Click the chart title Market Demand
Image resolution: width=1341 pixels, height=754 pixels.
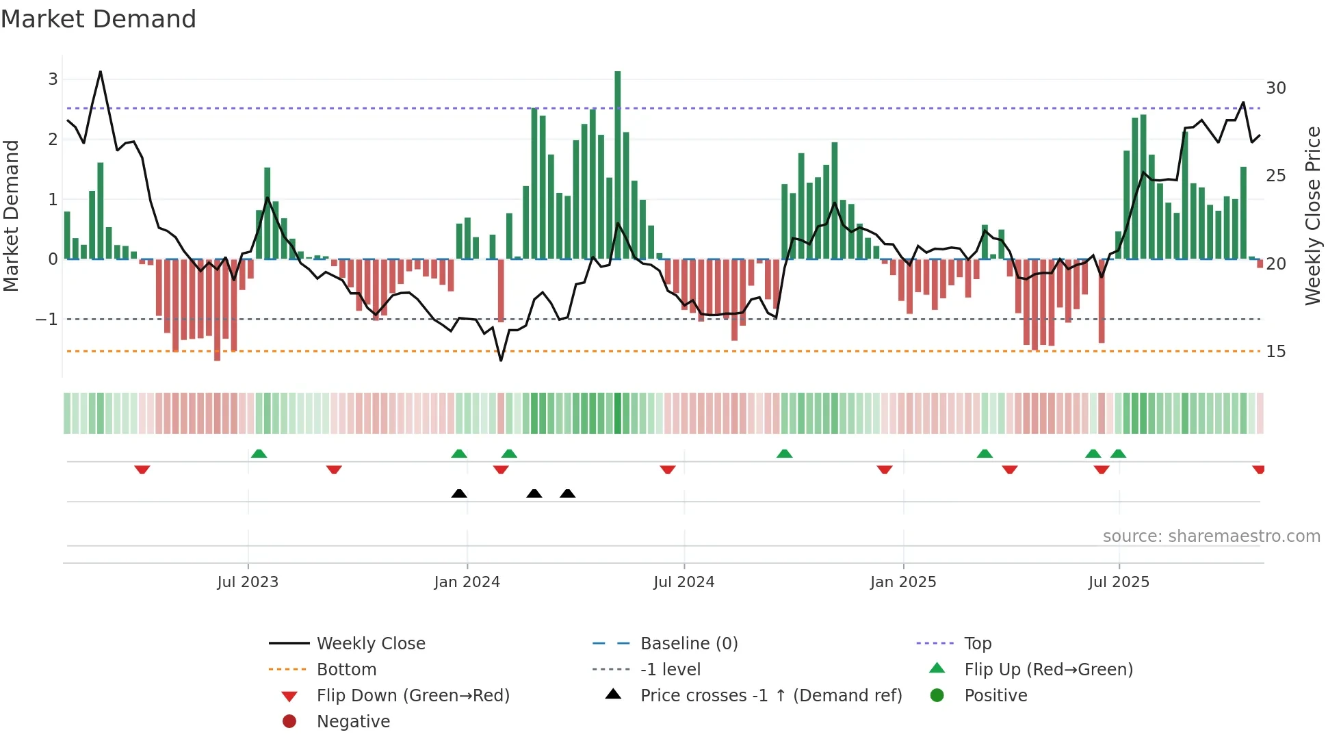tap(99, 19)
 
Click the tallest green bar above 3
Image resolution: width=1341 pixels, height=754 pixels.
tap(617, 164)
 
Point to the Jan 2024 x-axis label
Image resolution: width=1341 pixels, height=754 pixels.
tap(467, 582)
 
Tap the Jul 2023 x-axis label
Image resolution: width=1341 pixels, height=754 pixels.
tap(248, 582)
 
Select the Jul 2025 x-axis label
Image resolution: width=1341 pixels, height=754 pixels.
tap(1119, 582)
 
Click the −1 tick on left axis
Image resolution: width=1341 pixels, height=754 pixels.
tap(47, 320)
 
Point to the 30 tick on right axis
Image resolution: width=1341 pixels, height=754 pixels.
tap(1275, 88)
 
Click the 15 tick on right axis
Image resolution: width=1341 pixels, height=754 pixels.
tap(1275, 352)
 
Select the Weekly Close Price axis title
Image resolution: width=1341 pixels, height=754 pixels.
tap(1312, 216)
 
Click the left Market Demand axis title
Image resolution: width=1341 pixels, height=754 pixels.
tap(11, 216)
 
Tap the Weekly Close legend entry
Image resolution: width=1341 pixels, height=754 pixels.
tap(370, 644)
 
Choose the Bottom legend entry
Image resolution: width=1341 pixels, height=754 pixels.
tap(346, 670)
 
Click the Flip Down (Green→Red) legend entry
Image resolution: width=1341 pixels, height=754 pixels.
tap(413, 696)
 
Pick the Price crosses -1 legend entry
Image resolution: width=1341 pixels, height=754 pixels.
tap(770, 696)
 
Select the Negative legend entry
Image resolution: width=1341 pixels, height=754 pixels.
tap(353, 722)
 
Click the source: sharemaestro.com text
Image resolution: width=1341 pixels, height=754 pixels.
tap(1211, 536)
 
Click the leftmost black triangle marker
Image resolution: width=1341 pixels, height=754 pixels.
tap(459, 494)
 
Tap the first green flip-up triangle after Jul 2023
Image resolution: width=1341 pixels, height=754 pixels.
tap(259, 454)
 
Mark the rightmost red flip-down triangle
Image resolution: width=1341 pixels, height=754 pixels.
tap(1258, 469)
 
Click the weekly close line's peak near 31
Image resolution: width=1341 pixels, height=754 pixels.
tap(101, 72)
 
